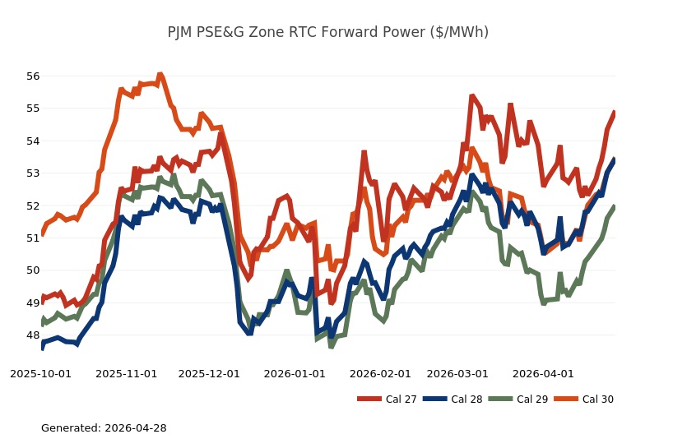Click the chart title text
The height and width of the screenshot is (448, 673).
(327, 32)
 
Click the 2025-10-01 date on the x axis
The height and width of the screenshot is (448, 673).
(40, 374)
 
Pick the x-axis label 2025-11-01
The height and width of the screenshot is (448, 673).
(126, 374)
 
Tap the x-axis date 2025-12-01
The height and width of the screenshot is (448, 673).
(209, 374)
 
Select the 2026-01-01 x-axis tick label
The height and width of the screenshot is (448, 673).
(295, 374)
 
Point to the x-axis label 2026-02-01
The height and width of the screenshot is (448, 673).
(380, 374)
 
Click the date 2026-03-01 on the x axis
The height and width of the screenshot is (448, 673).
(457, 374)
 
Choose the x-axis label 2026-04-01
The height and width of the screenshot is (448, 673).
(543, 374)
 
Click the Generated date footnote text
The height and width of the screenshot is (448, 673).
(104, 428)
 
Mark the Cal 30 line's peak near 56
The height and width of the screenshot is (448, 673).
(160, 75)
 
